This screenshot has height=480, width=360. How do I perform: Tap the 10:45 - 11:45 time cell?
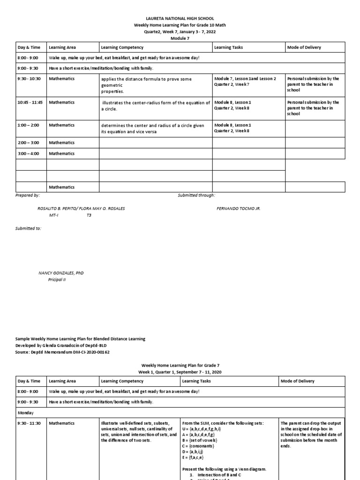[x=30, y=103]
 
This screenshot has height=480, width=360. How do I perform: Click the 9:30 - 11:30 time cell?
[x=30, y=423]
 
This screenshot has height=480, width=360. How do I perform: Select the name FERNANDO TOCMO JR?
[x=238, y=208]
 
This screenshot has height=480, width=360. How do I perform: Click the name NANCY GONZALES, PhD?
[x=61, y=273]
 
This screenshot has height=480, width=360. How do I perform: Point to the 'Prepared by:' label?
[x=28, y=195]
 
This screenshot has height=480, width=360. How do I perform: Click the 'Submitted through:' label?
[x=196, y=195]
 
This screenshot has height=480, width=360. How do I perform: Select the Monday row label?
[x=26, y=413]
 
